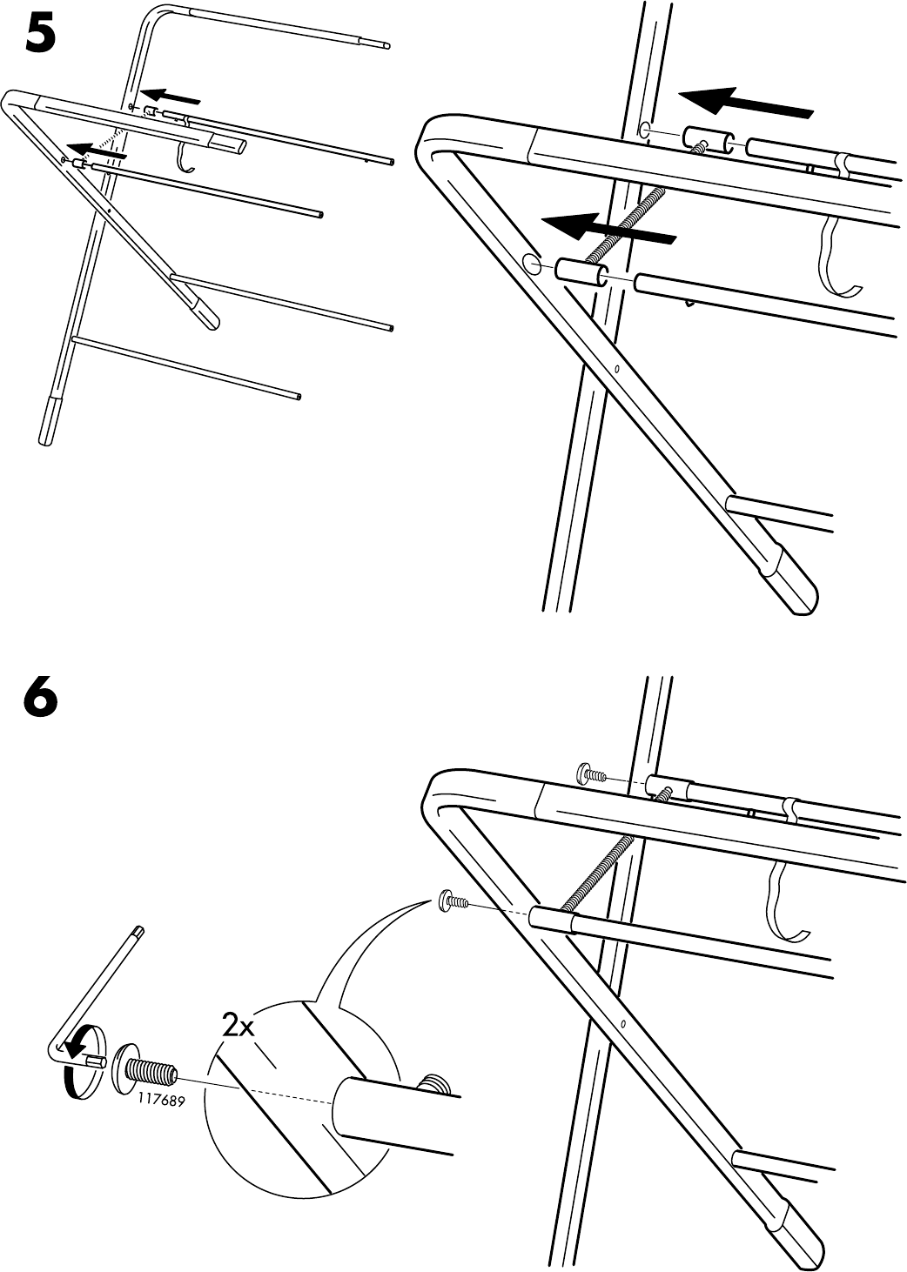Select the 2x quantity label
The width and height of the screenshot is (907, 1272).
point(237,1027)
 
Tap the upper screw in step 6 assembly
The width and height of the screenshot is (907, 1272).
point(592,773)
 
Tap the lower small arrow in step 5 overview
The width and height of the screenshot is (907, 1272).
point(97,150)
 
